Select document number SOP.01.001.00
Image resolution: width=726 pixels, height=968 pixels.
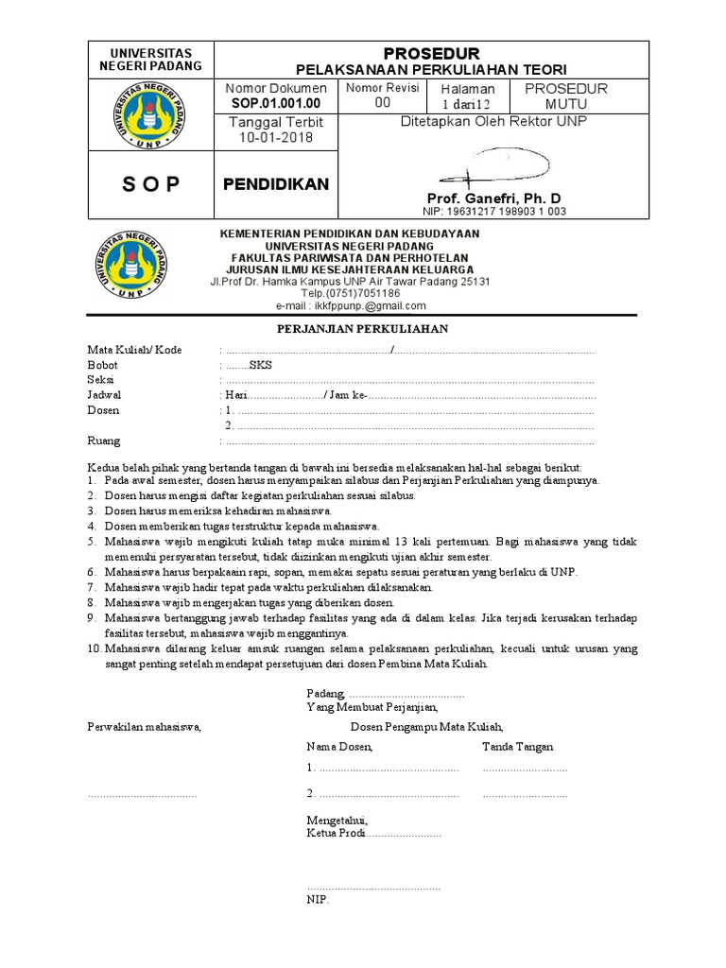click(276, 102)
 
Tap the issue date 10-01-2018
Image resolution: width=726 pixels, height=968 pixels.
click(276, 138)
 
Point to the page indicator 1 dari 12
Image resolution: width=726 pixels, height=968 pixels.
click(467, 103)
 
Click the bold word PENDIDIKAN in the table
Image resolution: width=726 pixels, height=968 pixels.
click(276, 184)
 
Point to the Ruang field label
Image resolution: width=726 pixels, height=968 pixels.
click(104, 441)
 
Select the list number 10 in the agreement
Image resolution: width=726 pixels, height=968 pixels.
click(94, 649)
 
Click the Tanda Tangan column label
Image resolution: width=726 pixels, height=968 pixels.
click(518, 747)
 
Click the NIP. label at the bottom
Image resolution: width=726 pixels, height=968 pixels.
click(317, 900)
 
